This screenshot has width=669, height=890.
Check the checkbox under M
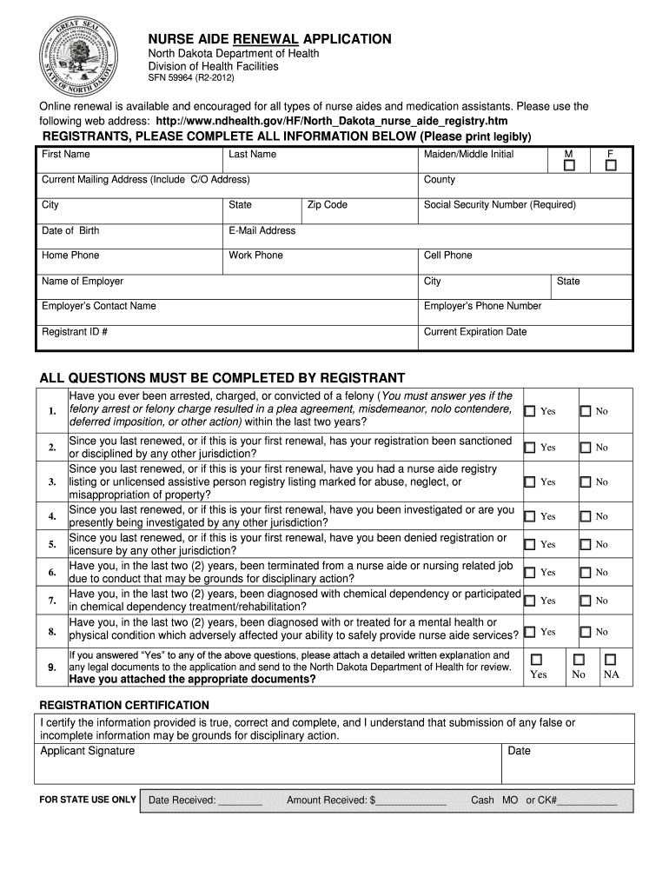(x=569, y=166)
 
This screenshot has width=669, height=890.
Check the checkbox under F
(x=611, y=166)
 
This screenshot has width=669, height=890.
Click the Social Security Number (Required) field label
(x=499, y=205)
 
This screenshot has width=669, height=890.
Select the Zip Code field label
(x=327, y=205)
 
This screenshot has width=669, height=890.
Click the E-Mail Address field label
(x=262, y=230)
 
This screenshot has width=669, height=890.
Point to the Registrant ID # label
(x=75, y=332)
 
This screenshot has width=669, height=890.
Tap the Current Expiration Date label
(x=474, y=332)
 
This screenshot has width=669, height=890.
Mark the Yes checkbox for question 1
(x=530, y=410)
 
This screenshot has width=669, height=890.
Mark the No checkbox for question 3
(x=586, y=482)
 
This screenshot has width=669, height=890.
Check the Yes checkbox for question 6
(x=530, y=572)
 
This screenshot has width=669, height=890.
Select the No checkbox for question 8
(x=586, y=632)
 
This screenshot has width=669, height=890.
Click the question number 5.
(x=52, y=544)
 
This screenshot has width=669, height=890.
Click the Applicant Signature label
(x=88, y=751)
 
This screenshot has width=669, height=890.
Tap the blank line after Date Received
(x=240, y=800)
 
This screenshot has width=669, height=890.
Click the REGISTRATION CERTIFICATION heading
(x=124, y=705)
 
